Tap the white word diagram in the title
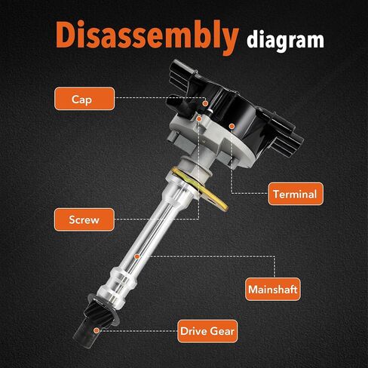click(x=285, y=41)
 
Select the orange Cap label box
click(x=84, y=99)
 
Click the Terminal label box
click(x=296, y=194)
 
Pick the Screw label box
click(x=84, y=219)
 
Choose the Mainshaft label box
click(x=273, y=289)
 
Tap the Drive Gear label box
click(x=207, y=331)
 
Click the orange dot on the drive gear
click(x=96, y=330)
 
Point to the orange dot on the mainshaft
click(x=136, y=256)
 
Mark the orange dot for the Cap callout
click(x=205, y=103)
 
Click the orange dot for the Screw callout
click(x=199, y=119)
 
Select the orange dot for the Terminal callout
click(x=232, y=126)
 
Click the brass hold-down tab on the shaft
click(x=201, y=188)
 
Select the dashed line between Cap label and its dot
click(x=161, y=98)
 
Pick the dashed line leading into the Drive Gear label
click(x=138, y=331)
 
